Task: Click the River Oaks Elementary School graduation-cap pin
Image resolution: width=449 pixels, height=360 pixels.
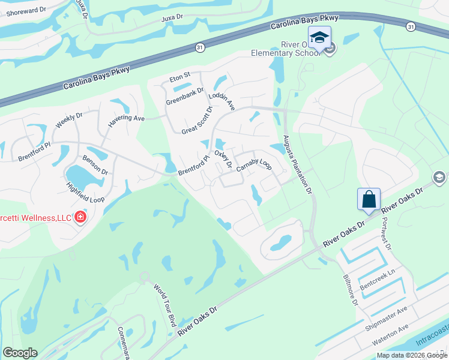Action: tap(319, 37)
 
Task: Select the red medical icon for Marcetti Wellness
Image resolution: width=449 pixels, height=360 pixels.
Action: tap(80, 217)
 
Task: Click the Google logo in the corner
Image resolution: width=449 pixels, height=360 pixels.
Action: tap(20, 353)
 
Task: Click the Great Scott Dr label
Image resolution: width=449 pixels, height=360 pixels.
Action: tap(197, 121)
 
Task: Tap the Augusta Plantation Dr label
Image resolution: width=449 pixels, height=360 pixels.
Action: tap(298, 164)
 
